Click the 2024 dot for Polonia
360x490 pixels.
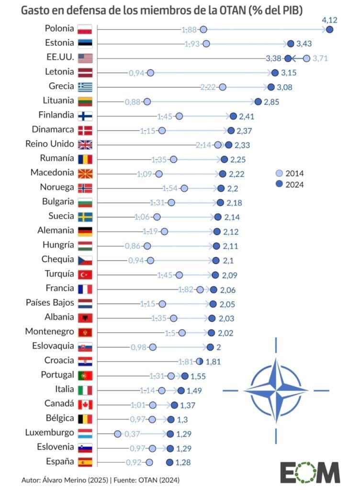point(329,30)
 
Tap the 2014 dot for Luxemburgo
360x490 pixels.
point(117,434)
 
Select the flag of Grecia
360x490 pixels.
point(85,87)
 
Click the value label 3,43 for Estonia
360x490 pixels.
point(304,44)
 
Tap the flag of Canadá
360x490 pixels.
point(85,404)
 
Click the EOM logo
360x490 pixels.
point(310,473)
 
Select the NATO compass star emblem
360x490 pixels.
point(276,390)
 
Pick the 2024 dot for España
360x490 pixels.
point(169,462)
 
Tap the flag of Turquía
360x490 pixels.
point(85,274)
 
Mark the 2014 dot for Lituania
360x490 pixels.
point(147,101)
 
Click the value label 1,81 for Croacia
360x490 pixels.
point(213,361)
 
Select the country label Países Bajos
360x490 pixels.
point(50,303)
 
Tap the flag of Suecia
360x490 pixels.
point(85,217)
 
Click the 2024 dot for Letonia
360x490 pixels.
point(275,73)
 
